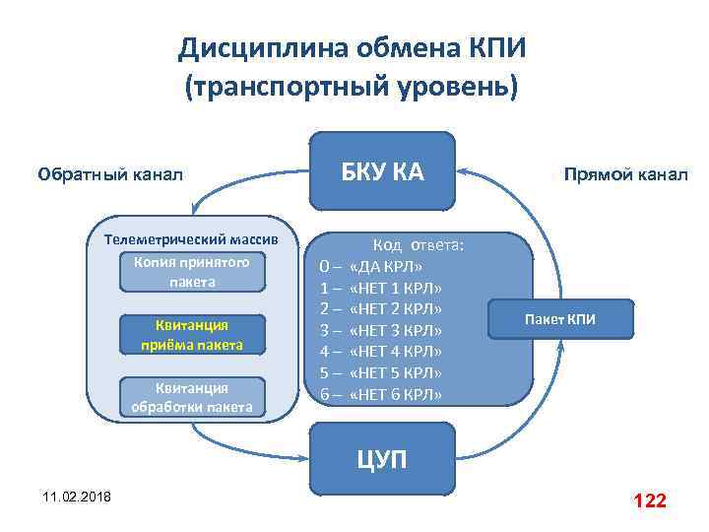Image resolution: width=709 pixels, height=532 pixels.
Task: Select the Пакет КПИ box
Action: pos(559,319)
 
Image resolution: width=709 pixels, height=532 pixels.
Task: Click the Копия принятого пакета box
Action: pos(192,272)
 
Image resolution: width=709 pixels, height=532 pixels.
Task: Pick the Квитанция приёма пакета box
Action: pos(192,335)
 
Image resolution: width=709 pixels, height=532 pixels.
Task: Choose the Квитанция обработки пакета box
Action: pos(192,397)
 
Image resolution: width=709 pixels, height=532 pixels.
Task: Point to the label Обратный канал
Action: pos(109,175)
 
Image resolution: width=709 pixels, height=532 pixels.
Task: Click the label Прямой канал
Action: pos(625,175)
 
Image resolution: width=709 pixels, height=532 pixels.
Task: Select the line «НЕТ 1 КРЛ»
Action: pos(395,288)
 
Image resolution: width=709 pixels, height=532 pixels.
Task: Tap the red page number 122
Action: pos(650,500)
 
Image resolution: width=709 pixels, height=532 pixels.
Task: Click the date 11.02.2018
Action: pos(77,496)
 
